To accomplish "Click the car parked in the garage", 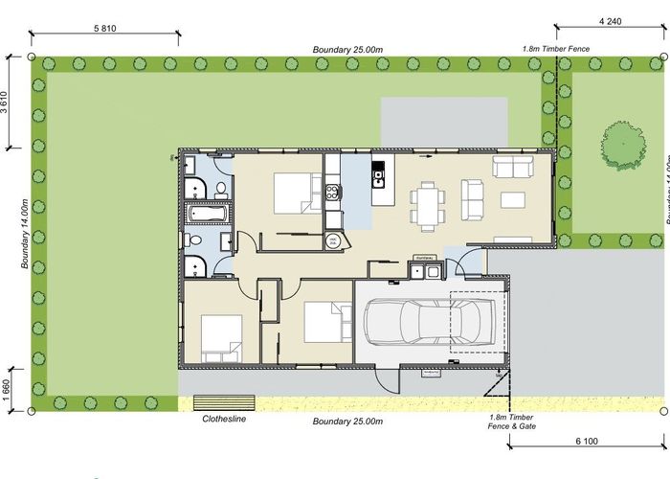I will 429,323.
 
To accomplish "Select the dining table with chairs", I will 428,204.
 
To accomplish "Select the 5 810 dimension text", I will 105,29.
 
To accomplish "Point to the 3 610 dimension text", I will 8,103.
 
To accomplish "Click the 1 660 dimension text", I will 8,390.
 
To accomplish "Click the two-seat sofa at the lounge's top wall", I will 513,168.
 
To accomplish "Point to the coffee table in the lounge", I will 513,200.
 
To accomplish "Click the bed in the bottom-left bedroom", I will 220,336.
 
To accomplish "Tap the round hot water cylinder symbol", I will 333,241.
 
